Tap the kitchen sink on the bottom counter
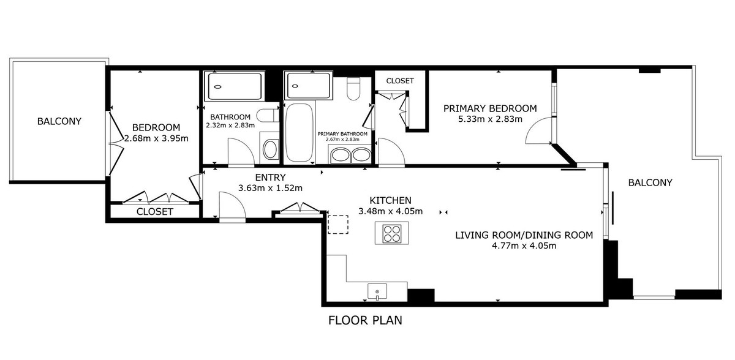coord(378,291)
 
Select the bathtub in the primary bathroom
coord(299,132)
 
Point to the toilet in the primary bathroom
coord(353,89)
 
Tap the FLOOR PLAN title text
coord(365,320)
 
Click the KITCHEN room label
coord(390,200)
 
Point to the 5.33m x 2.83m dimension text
coord(489,119)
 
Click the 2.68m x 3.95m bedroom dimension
coord(156,138)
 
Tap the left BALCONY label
coord(59,121)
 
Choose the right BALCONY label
coord(650,182)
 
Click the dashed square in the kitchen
coord(337,224)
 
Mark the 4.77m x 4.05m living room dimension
coord(524,246)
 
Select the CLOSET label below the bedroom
coord(154,212)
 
